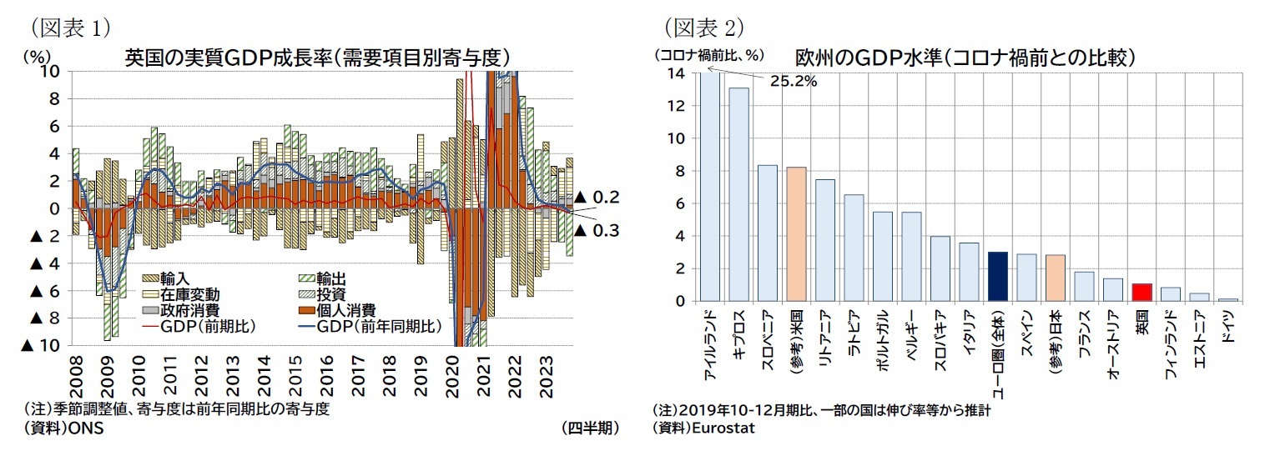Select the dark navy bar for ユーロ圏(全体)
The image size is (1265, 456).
[997, 276]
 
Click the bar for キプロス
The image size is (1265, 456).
[738, 193]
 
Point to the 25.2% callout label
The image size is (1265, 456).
[792, 82]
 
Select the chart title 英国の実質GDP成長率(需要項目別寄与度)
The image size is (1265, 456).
[317, 58]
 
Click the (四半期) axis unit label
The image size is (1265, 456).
[590, 428]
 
